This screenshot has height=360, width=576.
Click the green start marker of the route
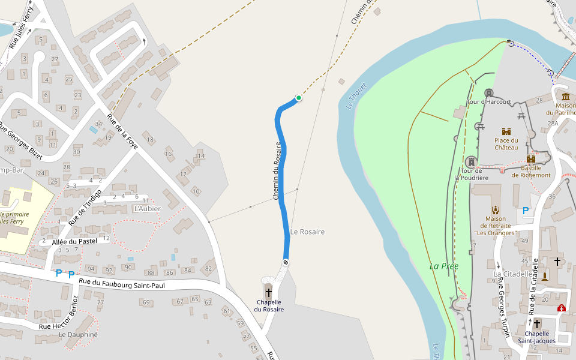pos(298,98)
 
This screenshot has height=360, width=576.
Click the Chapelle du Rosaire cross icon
pos(268,292)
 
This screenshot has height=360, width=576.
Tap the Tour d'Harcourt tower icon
pos(489,93)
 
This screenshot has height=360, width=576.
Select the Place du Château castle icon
pos(506,131)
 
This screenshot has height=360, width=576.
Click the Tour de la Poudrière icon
pos(472,162)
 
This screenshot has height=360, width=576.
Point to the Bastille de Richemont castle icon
pos(530,159)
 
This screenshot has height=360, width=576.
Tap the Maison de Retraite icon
pos(496,209)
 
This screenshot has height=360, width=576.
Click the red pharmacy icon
pos(561,308)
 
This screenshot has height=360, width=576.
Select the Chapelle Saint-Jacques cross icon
pos(537,323)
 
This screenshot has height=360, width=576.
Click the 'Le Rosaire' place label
pos(307,232)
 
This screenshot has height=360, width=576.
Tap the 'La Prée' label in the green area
pos(440,266)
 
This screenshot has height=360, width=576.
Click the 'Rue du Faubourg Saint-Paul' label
pos(122,283)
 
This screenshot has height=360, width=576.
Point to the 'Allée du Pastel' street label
pos(74,241)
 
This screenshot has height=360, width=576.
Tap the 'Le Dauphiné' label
pos(78,334)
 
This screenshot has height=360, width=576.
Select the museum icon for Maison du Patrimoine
pos(566,97)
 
